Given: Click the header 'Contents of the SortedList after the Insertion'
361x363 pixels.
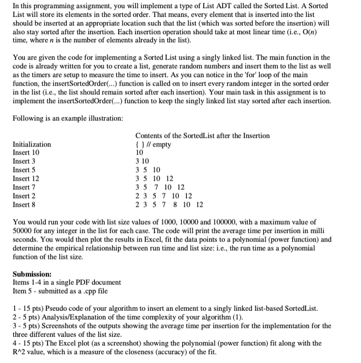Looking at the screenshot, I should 202,135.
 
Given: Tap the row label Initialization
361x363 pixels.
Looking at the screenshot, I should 31,144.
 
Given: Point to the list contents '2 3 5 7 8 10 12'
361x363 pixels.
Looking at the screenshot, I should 168,205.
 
